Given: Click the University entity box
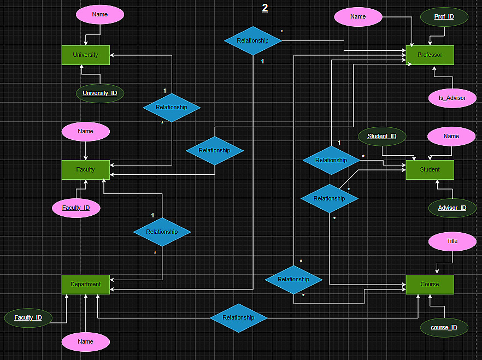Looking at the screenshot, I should coord(85,55).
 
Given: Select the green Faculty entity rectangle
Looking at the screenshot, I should coord(85,169).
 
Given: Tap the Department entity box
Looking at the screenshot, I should coord(85,284).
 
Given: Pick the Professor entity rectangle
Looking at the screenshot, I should coord(430,55).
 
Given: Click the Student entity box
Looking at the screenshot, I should coord(430,169).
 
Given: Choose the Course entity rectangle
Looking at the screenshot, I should coord(430,284).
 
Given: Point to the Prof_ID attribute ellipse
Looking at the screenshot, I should coord(444,17).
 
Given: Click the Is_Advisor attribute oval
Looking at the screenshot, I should coord(452,98).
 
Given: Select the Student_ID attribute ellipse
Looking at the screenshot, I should coord(382,136).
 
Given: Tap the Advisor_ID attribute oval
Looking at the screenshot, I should coord(452,208).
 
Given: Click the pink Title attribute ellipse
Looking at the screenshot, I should coord(452,241).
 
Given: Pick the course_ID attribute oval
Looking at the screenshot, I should coord(444,327).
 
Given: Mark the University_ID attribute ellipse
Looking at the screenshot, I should coord(100,93).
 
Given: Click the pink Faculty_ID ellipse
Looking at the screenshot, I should coord(76,208).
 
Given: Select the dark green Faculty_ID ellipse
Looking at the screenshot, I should coord(28,317).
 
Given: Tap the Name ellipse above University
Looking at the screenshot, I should coord(100,15).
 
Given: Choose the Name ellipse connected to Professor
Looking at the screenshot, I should coord(358,17).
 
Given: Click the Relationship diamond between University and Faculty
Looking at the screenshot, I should coord(172,108).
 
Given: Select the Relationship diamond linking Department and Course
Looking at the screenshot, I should coord(238,318).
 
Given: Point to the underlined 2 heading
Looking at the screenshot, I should coord(265,8).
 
